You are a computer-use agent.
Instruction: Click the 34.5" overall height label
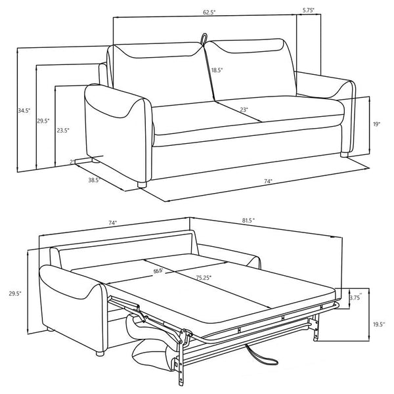pos(24,111)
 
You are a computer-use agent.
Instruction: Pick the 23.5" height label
pos(63,131)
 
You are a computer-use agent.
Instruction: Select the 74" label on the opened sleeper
pos(112,223)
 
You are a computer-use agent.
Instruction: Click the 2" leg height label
pos(72,162)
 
